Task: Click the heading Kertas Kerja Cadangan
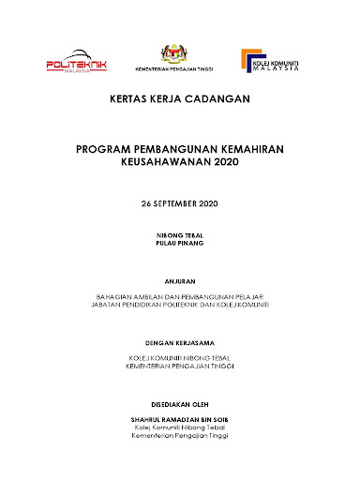[181, 98]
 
